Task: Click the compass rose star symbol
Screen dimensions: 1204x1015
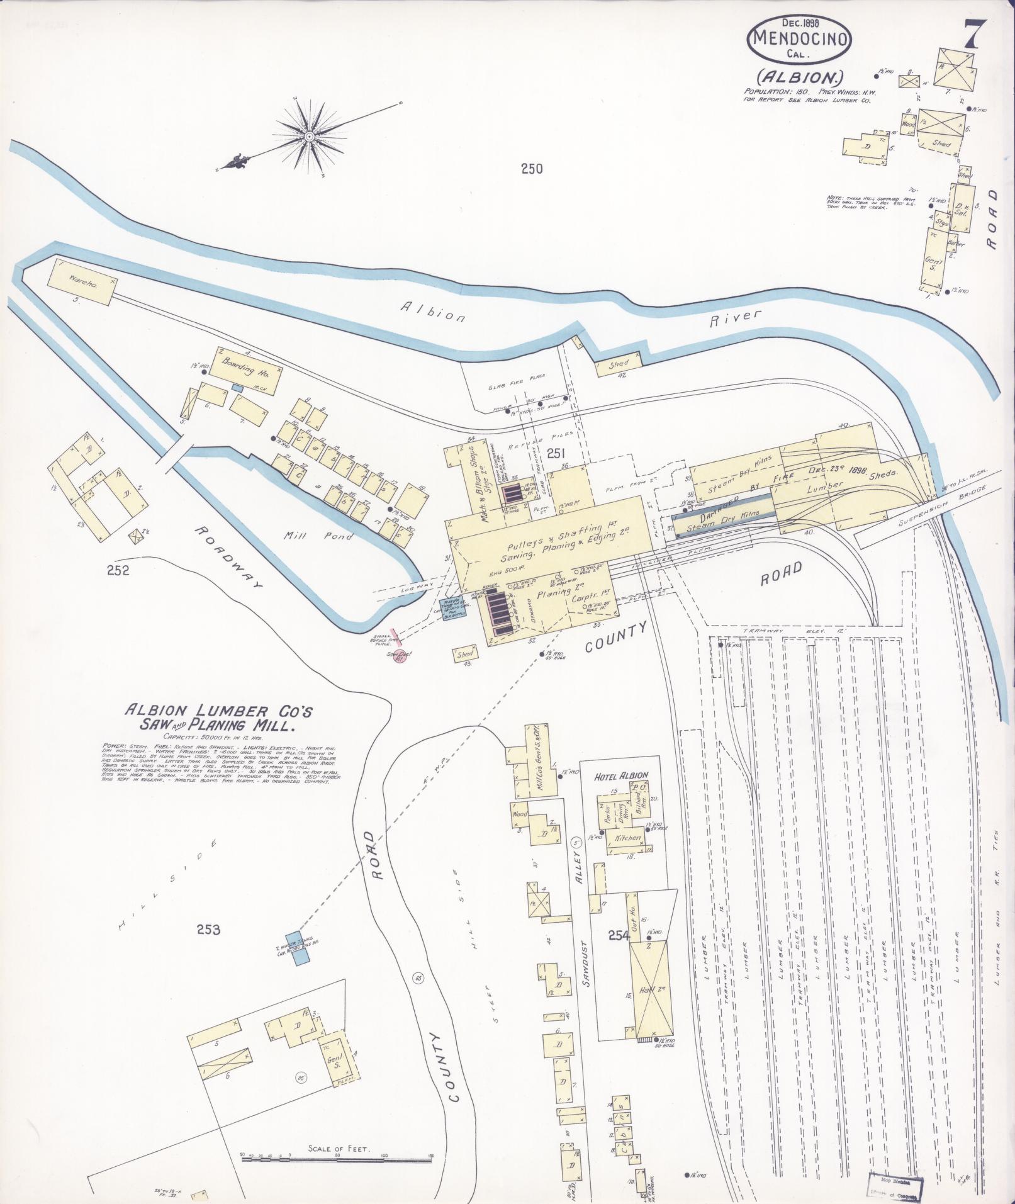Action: point(310,136)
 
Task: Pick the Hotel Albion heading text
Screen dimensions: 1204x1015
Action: point(622,775)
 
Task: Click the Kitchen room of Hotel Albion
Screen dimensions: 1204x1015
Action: point(624,839)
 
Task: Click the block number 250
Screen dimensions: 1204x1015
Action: point(531,168)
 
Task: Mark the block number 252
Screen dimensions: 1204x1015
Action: point(118,570)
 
